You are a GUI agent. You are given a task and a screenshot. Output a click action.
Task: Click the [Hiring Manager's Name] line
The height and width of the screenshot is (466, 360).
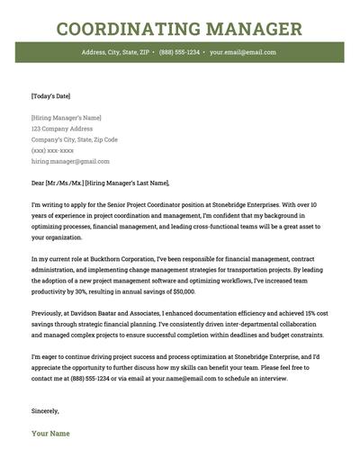(x=67, y=118)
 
